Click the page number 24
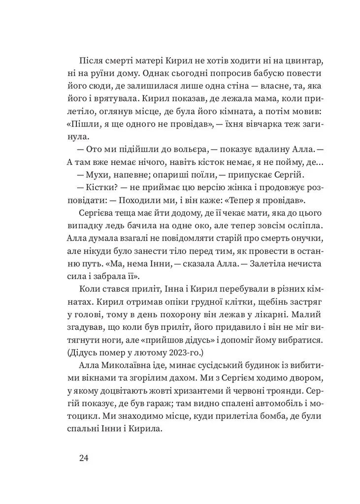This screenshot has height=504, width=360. click(83, 458)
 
